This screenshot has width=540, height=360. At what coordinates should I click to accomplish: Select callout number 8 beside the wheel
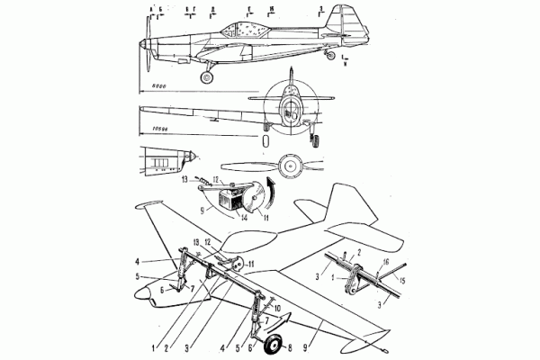(290, 346)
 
